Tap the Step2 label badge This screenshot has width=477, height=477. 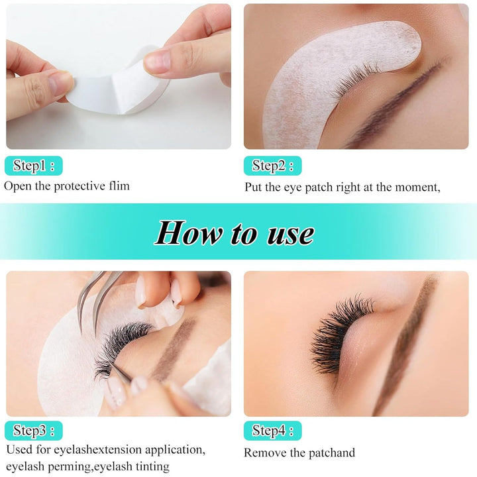[x=272, y=166]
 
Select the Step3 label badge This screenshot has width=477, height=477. [x=34, y=431]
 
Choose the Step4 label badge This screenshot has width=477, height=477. [x=272, y=431]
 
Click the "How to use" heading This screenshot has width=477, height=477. [x=235, y=233]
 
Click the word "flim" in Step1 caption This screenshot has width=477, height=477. [x=117, y=186]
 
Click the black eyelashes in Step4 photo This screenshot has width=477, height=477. [x=341, y=331]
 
